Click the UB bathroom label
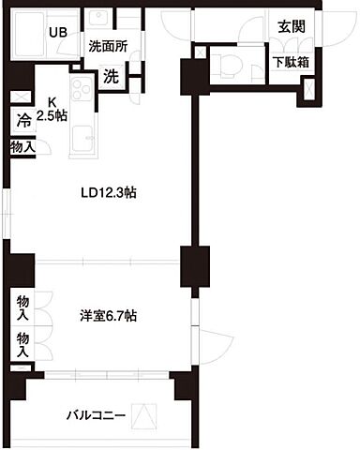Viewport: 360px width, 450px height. tap(57, 30)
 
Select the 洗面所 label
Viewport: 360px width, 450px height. tap(109, 46)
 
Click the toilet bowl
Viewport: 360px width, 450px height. tap(225, 64)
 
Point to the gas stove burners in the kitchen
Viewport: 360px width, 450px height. tap(78, 95)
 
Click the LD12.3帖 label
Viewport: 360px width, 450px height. tap(111, 194)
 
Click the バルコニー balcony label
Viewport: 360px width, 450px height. tap(96, 413)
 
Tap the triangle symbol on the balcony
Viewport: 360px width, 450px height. tap(144, 413)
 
